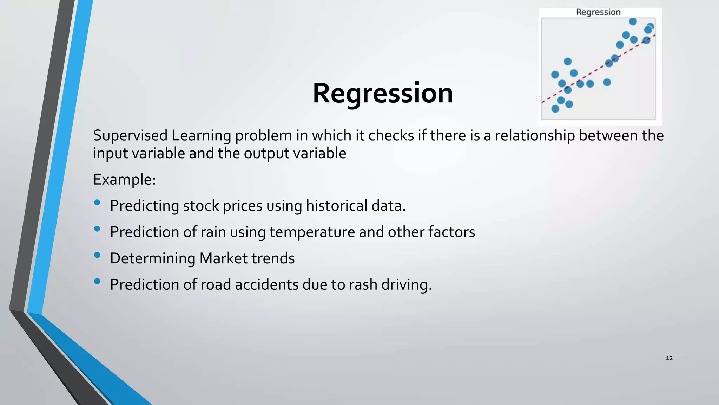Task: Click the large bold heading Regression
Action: click(383, 93)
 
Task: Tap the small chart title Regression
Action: click(598, 12)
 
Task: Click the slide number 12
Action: click(669, 358)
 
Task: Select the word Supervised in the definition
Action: click(130, 136)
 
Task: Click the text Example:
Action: click(124, 180)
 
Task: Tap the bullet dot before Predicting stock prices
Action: click(97, 202)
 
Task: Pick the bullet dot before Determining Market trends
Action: click(97, 255)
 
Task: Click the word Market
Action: click(224, 258)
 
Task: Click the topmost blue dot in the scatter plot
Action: click(633, 21)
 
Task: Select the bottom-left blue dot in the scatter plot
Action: click(555, 109)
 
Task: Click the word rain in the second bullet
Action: click(213, 232)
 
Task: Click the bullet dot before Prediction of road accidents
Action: click(97, 281)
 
